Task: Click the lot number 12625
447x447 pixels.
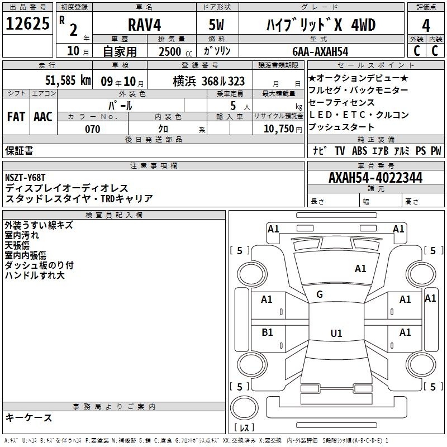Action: (27, 23)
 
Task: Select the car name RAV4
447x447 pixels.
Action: (145, 25)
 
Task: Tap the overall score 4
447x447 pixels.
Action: (426, 26)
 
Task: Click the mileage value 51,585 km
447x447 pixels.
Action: (68, 80)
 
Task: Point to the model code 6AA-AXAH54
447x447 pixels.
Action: (320, 51)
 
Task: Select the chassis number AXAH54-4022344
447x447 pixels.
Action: (375, 178)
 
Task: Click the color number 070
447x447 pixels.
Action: (93, 129)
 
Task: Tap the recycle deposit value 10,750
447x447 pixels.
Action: (279, 129)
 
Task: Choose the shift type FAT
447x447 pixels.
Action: (16, 117)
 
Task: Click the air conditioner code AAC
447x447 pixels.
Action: (43, 117)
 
